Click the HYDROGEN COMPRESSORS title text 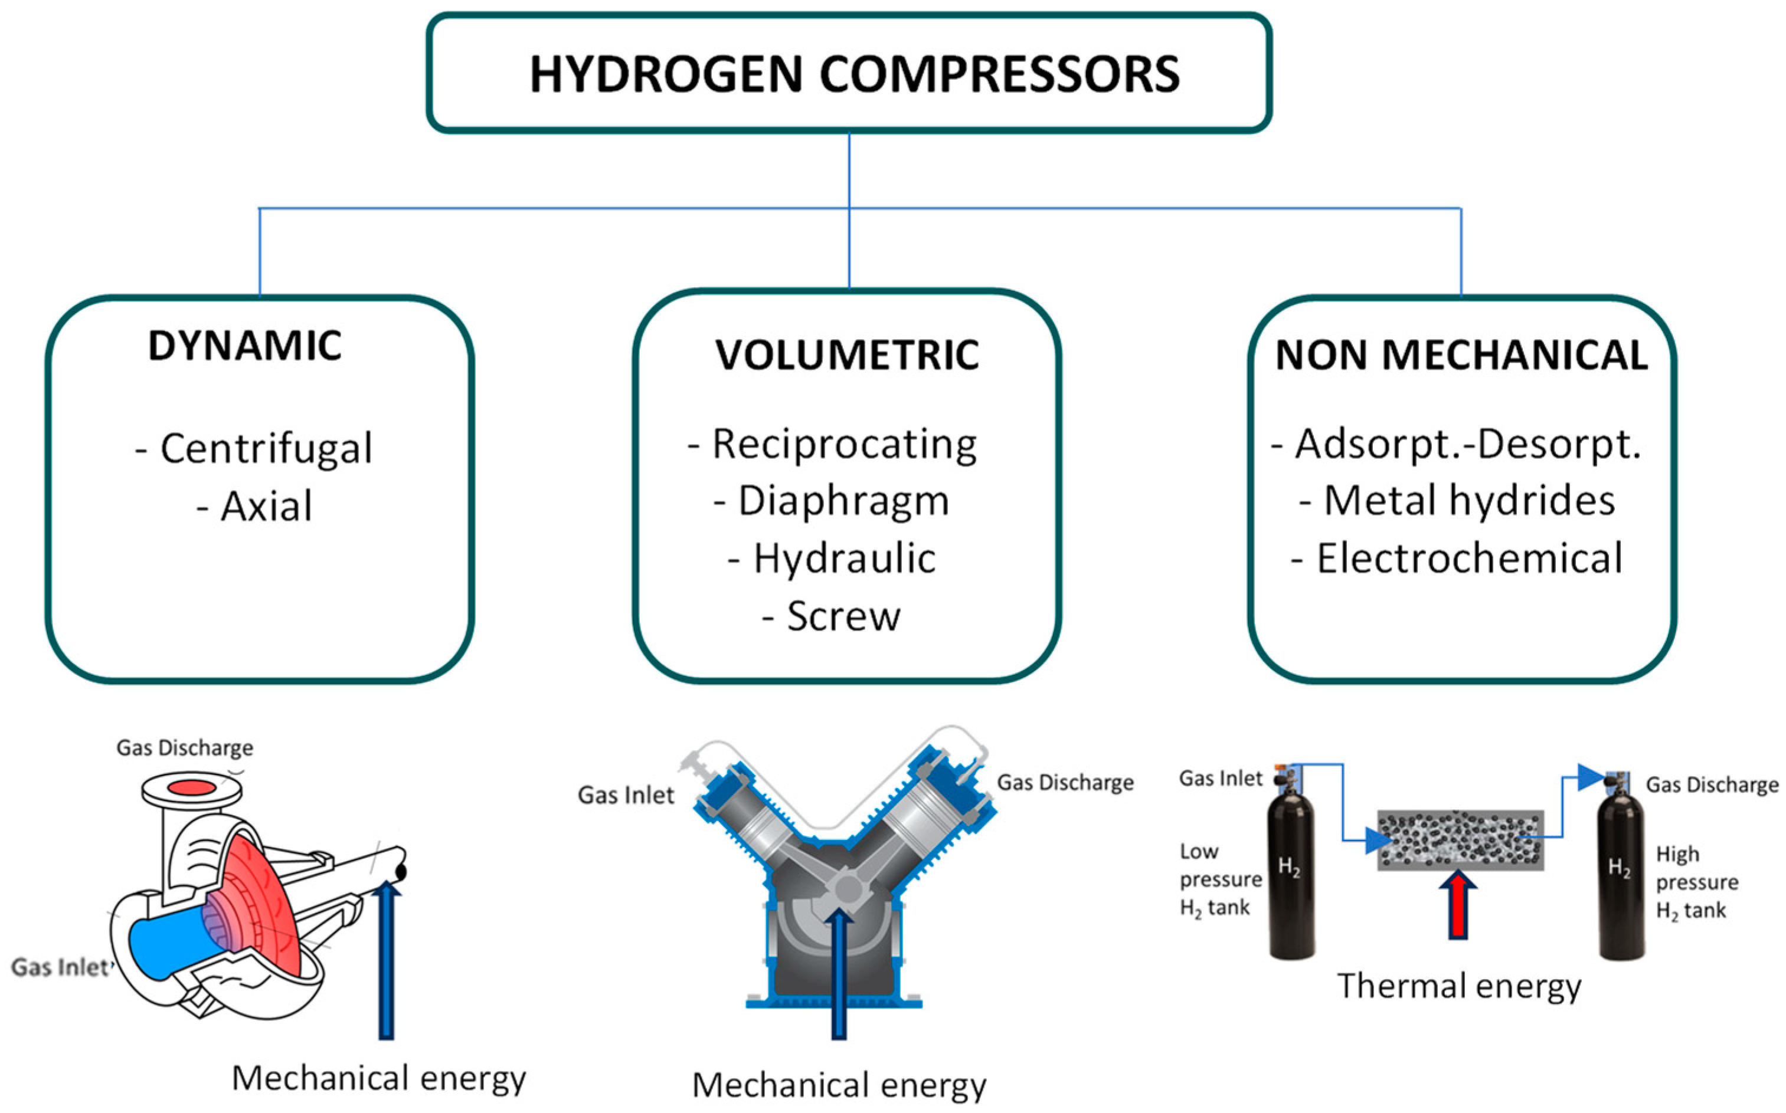[854, 74]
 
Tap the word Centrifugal [266, 448]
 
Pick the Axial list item [266, 507]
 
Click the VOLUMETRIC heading [847, 355]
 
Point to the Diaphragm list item [843, 501]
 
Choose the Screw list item [843, 616]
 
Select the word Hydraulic [844, 559]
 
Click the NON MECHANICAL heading [1461, 355]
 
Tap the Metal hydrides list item [1468, 501]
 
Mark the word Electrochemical [1468, 559]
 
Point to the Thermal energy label [1458, 986]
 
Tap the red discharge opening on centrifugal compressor [191, 787]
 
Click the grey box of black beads [1460, 840]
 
